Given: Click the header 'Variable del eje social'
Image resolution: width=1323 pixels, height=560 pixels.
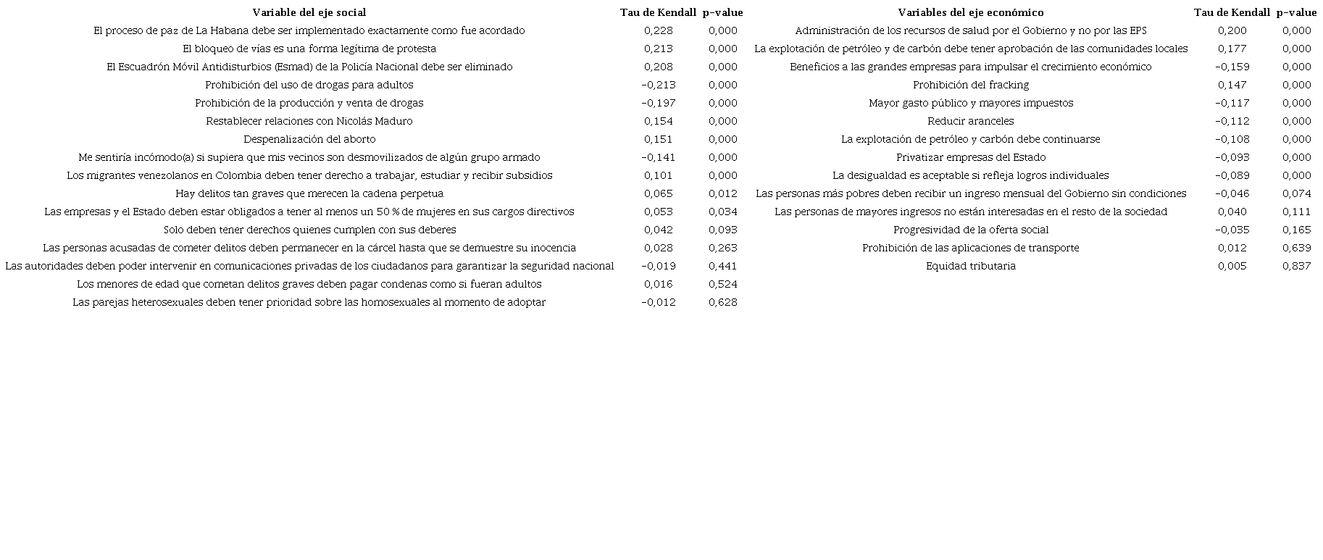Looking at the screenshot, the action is (309, 12).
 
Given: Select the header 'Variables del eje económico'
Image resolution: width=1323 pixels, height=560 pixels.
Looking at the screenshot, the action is (971, 12).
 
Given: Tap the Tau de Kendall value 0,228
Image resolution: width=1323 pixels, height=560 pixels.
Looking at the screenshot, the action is (658, 30).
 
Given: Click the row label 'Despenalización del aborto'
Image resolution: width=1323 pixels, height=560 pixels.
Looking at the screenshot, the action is (309, 139).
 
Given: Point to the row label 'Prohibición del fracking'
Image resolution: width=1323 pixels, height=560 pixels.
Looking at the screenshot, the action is (971, 85).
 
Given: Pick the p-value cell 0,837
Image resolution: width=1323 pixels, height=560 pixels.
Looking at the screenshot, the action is (1296, 266).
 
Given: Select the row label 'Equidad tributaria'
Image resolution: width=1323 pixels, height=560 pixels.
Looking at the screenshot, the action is (971, 266).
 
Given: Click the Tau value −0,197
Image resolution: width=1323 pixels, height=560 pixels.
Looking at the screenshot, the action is (658, 103).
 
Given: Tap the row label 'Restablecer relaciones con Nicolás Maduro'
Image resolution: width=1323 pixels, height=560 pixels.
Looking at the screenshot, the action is (309, 121).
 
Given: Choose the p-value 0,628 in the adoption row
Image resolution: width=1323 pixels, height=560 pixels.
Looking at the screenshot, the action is (723, 302).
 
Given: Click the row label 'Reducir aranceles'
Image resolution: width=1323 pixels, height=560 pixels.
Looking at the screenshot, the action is (971, 121).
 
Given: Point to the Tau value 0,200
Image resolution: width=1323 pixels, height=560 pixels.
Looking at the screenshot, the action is (1232, 30).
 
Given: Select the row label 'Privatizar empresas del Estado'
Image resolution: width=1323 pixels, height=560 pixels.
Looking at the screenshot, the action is (971, 157).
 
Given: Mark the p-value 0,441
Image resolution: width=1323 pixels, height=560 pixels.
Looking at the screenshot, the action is (723, 266).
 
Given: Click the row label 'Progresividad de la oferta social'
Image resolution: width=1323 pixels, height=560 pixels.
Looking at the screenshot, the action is (971, 230).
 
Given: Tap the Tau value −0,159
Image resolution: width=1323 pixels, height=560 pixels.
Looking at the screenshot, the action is (1232, 67).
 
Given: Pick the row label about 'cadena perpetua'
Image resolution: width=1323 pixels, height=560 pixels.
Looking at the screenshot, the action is (309, 193).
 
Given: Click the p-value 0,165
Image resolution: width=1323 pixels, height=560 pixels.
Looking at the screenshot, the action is (1296, 230).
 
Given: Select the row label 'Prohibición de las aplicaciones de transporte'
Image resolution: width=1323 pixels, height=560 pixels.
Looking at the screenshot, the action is (971, 248).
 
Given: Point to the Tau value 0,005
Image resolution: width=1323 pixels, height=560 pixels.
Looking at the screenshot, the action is (1232, 266).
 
